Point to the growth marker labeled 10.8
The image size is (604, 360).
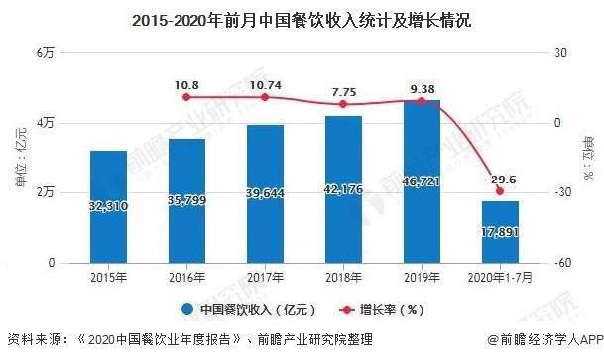click(x=186, y=97)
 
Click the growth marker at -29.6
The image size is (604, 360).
click(x=500, y=191)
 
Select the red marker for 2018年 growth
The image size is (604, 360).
click(x=343, y=104)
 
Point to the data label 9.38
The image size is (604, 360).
click(x=423, y=87)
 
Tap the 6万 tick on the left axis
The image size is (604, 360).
click(x=45, y=52)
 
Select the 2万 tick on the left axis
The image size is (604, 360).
click(x=45, y=191)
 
